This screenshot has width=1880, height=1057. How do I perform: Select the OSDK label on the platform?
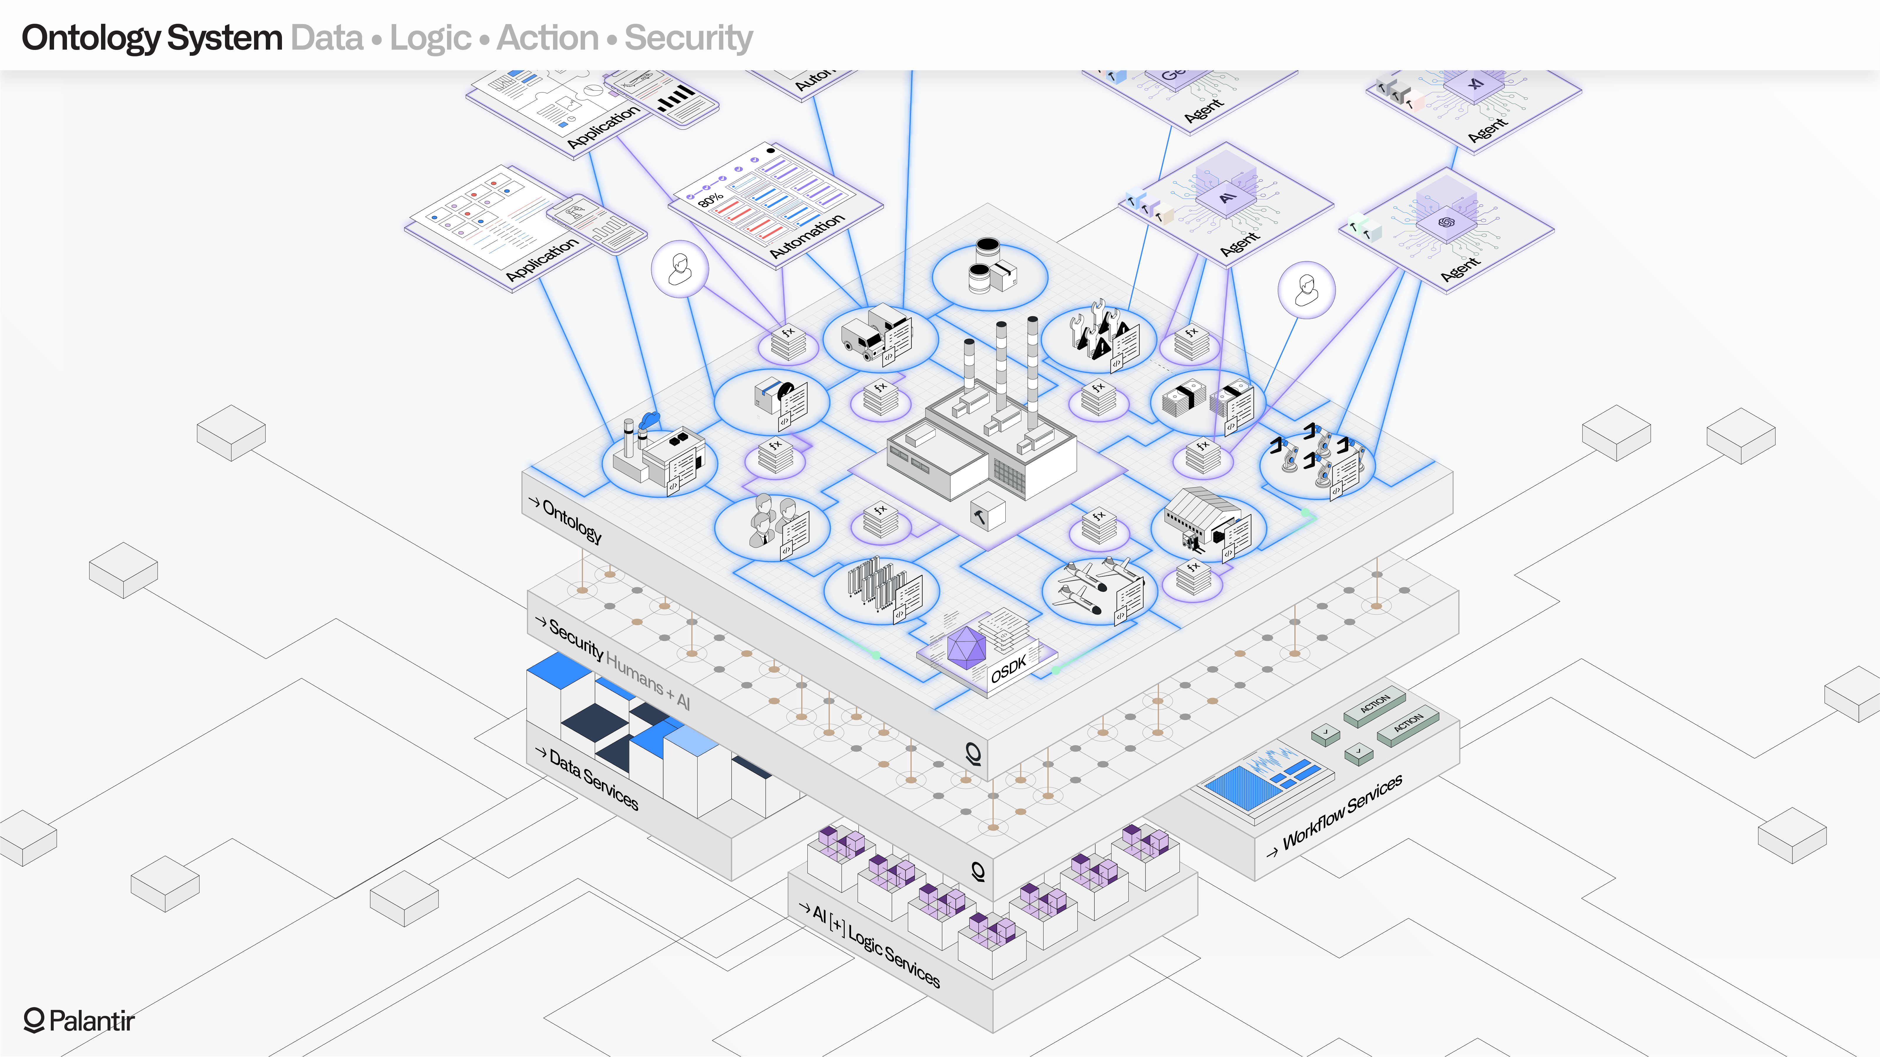coord(1009,668)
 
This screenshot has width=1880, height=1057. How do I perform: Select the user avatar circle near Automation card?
coord(679,269)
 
